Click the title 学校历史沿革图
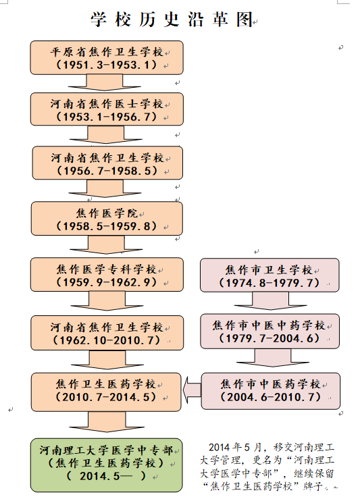(172, 20)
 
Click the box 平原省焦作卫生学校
(107, 58)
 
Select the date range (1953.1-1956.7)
(107, 117)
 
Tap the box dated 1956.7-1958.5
(107, 163)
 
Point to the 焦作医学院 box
(107, 219)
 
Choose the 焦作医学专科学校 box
(107, 275)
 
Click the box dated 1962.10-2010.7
(107, 333)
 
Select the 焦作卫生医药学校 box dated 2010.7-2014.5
(106, 392)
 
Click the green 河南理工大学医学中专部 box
(107, 465)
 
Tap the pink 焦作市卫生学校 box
(269, 275)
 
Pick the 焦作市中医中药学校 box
(270, 331)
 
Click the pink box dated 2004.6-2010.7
(270, 391)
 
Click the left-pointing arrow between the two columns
(192, 390)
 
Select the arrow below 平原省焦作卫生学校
(105, 83)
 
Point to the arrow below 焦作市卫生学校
(270, 301)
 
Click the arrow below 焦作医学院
(107, 244)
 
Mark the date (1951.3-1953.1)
(107, 65)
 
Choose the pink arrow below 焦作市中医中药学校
(273, 358)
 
